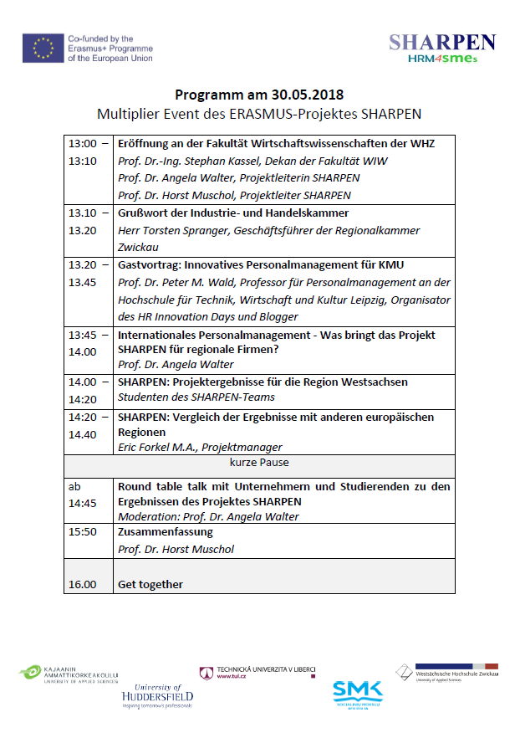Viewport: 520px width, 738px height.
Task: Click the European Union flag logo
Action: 42,49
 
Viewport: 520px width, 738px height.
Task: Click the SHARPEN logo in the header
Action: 442,49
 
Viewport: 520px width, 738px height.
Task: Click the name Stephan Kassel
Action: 225,161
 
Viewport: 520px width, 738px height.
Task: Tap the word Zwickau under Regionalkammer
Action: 140,247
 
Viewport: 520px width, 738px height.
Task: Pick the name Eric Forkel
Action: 150,447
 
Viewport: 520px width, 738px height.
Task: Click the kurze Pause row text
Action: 259,462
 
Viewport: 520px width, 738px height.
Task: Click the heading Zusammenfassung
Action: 166,531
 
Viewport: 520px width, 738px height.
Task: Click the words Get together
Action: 150,584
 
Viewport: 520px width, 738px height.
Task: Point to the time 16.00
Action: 82,584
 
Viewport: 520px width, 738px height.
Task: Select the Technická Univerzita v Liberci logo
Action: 256,672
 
